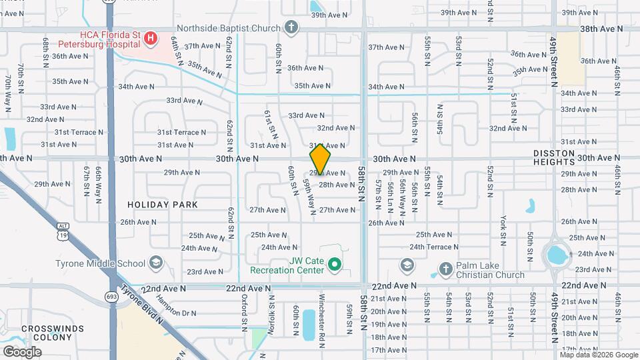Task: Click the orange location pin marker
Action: point(320,159)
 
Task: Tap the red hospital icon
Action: point(150,39)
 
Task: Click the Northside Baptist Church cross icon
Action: point(291,28)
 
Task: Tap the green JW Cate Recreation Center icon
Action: point(335,265)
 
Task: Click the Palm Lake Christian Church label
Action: point(490,270)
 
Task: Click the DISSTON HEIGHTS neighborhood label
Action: point(553,157)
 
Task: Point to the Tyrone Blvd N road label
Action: point(153,306)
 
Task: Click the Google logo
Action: point(22,351)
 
